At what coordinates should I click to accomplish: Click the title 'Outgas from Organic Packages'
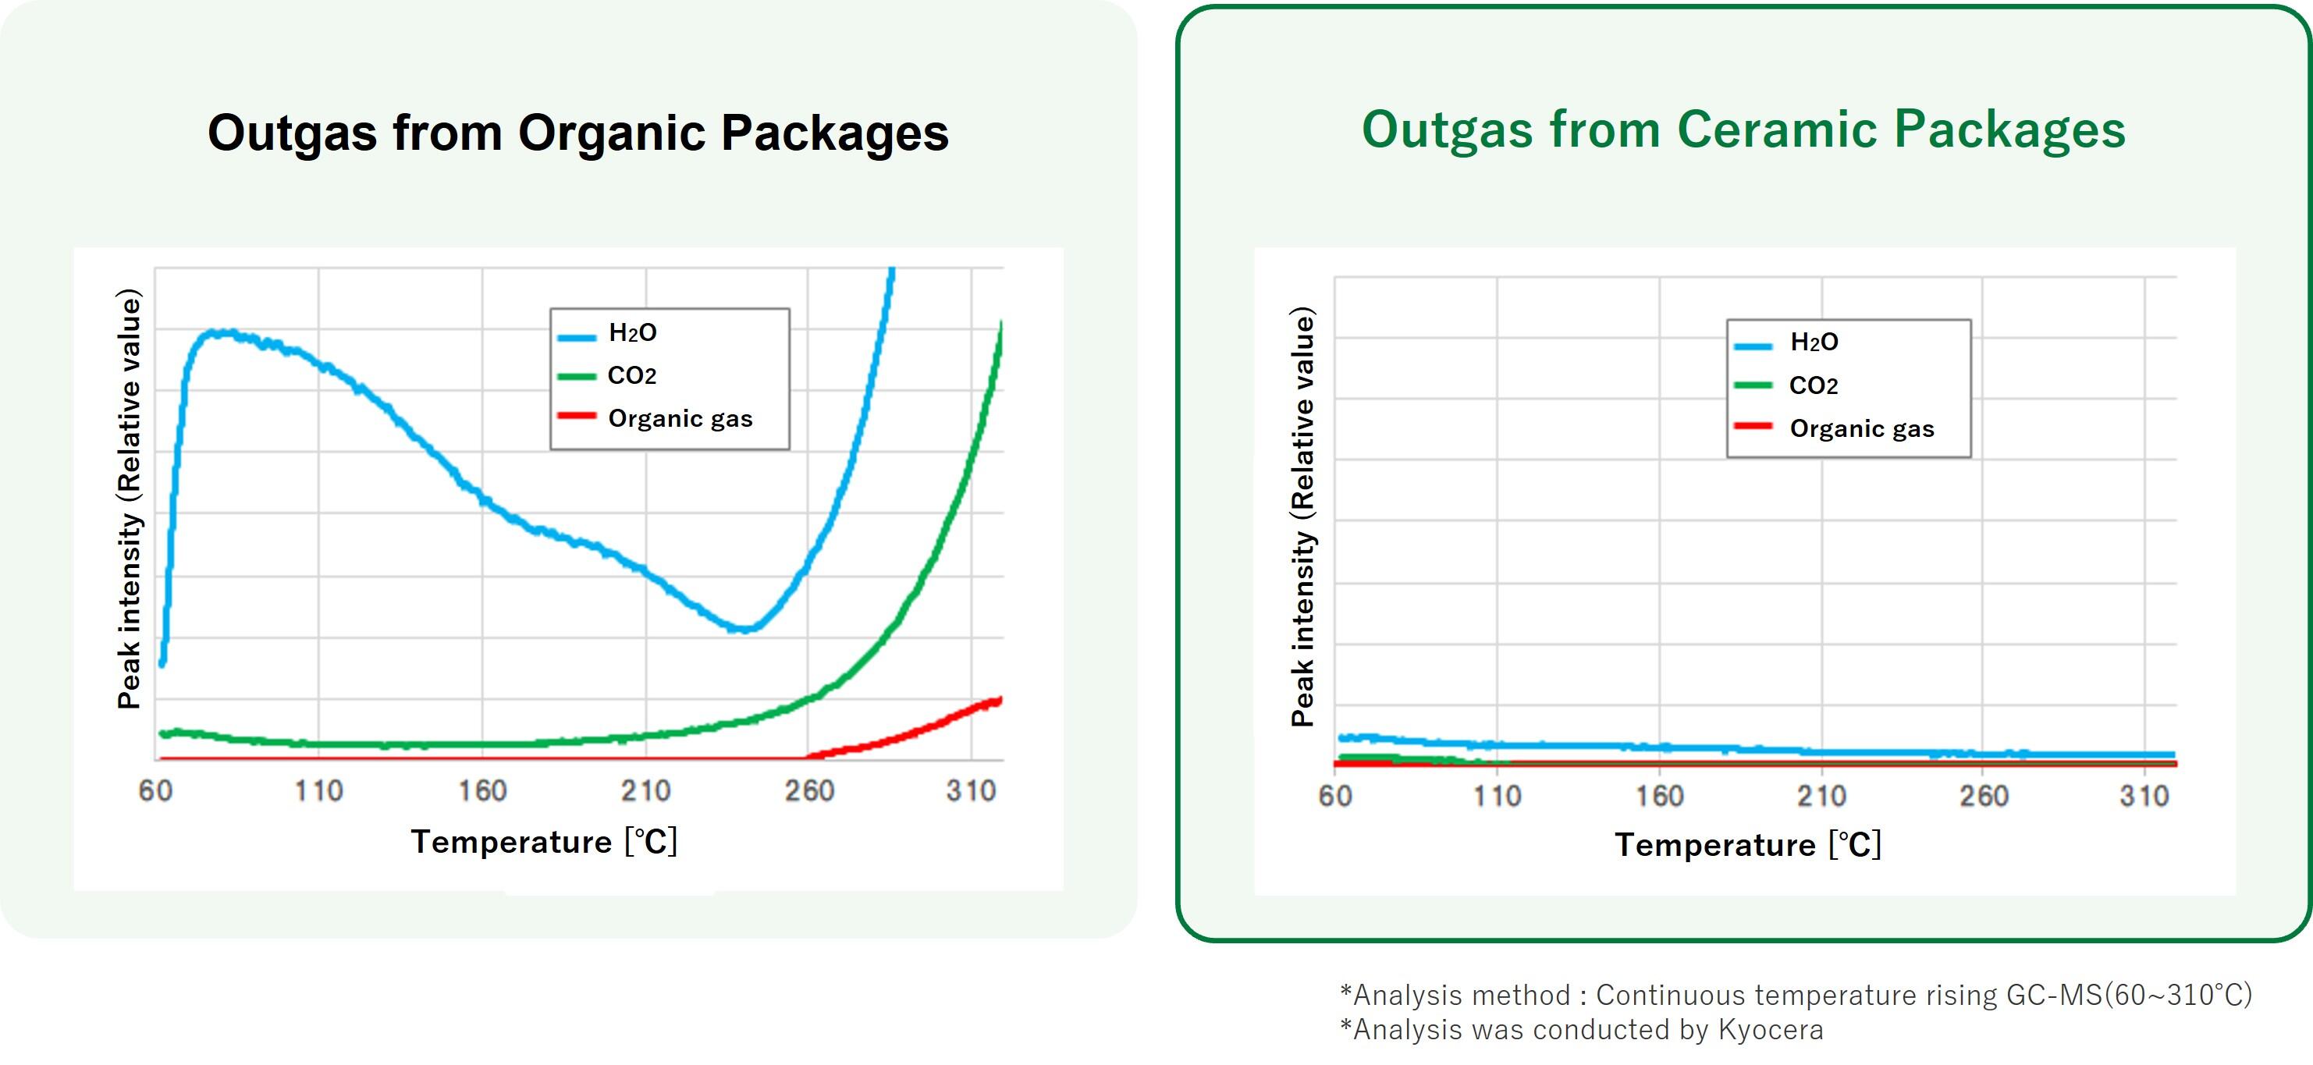coord(577,133)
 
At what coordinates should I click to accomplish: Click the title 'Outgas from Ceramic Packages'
coord(1743,130)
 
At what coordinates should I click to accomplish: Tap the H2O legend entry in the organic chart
coord(632,333)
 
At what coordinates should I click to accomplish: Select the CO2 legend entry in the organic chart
coord(631,375)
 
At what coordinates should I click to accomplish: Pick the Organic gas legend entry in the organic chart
coord(680,418)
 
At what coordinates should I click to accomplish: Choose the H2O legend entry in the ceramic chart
coord(1814,343)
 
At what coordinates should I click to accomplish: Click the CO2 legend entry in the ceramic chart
coord(1813,385)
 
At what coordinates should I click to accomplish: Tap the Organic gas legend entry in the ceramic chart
coord(1861,428)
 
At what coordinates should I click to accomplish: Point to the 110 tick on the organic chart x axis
coord(318,791)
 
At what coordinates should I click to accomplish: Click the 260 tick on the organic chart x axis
coord(809,791)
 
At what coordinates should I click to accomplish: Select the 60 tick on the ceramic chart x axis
coord(1335,796)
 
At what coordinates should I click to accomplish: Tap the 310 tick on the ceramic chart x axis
coord(2144,796)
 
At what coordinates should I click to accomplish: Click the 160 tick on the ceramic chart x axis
coord(1659,796)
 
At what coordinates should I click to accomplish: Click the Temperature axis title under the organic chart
coord(544,843)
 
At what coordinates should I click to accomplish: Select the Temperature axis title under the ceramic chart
coord(1747,845)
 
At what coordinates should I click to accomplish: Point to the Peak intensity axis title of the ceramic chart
coord(1303,517)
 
